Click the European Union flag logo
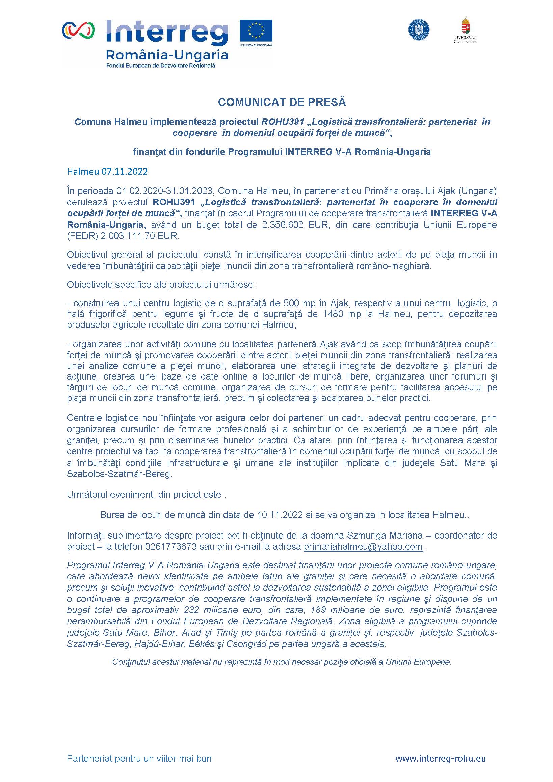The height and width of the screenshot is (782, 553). [256, 31]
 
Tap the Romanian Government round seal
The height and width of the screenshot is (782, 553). [419, 30]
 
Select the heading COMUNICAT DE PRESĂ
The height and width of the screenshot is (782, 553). [282, 102]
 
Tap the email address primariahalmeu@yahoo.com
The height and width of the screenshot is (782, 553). [363, 547]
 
